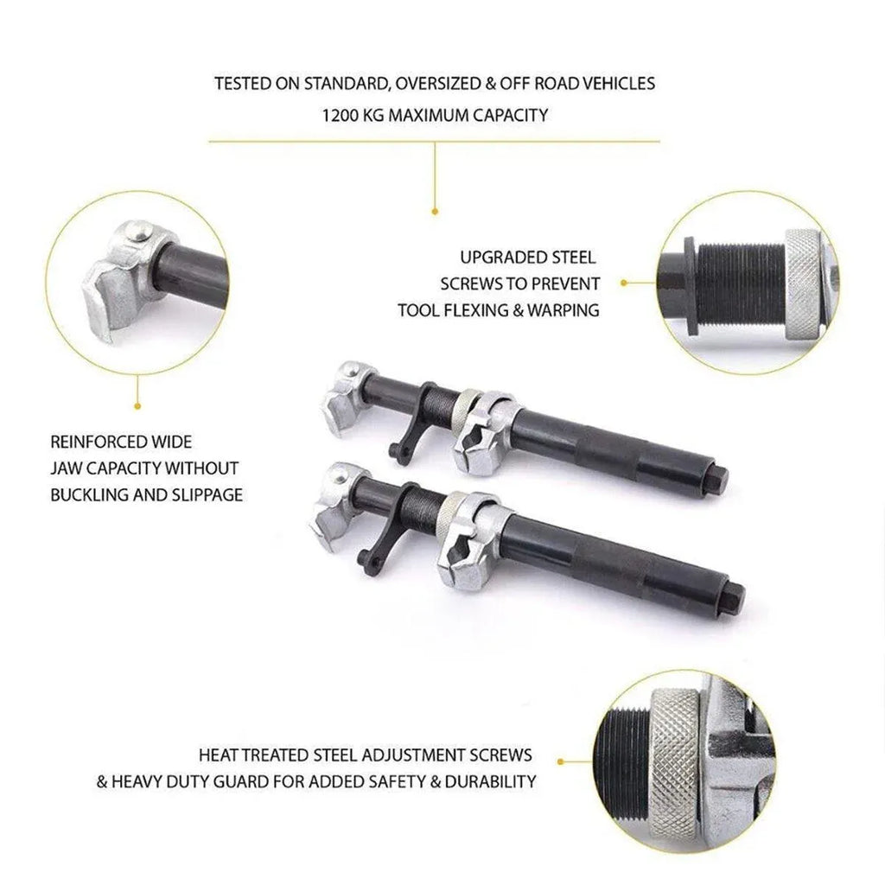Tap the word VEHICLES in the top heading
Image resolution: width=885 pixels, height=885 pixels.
619,84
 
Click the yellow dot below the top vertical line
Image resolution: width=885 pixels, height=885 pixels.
435,212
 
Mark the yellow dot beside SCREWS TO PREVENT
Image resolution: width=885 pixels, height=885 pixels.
624,283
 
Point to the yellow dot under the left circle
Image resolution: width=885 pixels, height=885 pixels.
137,406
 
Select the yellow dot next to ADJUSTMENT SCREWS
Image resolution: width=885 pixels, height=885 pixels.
560,762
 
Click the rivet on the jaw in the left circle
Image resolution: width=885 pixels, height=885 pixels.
139,231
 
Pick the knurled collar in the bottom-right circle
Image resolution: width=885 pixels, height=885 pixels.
675,770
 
